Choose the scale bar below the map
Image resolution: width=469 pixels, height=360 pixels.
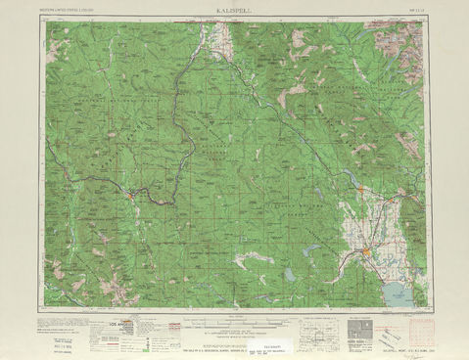point(235,319)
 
